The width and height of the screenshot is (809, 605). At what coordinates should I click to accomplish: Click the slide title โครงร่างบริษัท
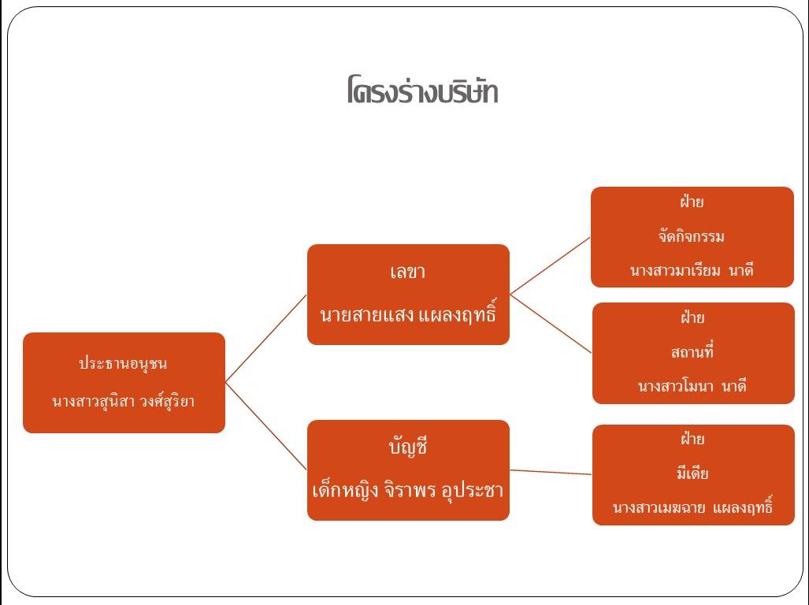[x=421, y=91]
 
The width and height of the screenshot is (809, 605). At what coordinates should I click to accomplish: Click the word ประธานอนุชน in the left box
[x=123, y=364]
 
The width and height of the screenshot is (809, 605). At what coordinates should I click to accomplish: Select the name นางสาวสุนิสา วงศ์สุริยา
[x=124, y=402]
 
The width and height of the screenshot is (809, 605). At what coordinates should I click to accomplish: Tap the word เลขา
[x=407, y=273]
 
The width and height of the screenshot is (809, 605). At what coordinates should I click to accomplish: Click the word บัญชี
[x=407, y=448]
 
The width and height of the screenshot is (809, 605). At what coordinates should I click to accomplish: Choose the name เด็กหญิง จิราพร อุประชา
[x=408, y=490]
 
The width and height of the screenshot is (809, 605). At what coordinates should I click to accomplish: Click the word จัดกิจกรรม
[x=691, y=236]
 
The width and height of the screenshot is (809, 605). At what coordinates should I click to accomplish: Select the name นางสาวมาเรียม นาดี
[x=692, y=270]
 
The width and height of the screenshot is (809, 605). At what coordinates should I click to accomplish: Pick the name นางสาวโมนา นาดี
[x=692, y=387]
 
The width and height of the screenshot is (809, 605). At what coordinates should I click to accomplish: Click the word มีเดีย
[x=693, y=473]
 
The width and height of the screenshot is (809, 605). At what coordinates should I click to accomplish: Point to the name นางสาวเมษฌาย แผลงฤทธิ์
[x=692, y=509]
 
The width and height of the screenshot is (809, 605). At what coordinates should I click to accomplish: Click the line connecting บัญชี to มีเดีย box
[x=551, y=472]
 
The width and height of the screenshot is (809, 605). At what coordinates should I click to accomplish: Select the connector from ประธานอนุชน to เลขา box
[x=265, y=339]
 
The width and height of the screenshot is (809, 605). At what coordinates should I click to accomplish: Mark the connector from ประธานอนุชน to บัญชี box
[x=265, y=427]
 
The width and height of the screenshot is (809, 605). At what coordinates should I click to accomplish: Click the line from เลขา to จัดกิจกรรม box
[x=550, y=265]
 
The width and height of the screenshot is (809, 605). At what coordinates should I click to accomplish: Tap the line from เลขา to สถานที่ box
[x=551, y=324]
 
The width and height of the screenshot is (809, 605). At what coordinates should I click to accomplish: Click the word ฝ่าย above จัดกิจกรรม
[x=692, y=202]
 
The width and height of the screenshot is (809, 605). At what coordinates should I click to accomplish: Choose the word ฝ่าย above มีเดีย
[x=693, y=439]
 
